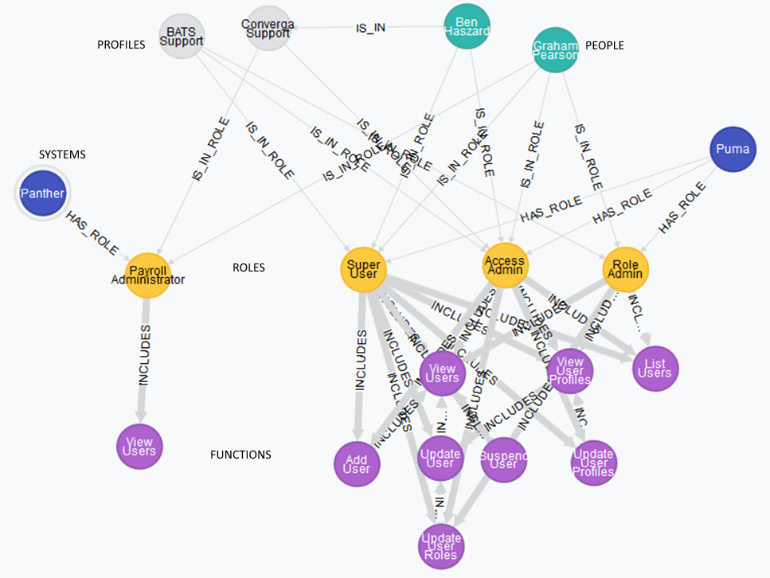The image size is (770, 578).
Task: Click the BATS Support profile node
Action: click(182, 36)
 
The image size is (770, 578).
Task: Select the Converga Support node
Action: click(267, 29)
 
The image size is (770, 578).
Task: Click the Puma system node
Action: click(732, 148)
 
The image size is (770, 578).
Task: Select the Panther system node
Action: click(42, 193)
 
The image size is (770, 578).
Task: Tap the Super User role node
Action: click(363, 269)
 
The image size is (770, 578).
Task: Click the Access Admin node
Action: click(505, 265)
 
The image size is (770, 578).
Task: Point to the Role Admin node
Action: click(625, 268)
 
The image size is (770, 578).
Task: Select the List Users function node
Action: click(656, 368)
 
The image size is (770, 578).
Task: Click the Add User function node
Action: click(357, 463)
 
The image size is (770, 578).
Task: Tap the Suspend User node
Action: click(503, 459)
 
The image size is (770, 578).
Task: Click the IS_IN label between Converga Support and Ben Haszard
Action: click(370, 28)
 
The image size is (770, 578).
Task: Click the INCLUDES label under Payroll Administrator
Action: click(143, 355)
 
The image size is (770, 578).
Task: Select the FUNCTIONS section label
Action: click(240, 455)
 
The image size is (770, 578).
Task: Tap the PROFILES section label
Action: click(121, 45)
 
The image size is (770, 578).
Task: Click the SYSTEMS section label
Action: click(62, 154)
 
